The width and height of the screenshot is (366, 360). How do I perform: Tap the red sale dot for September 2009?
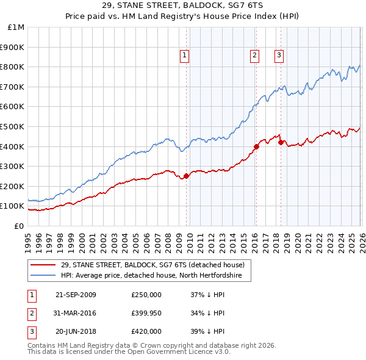coord(186,176)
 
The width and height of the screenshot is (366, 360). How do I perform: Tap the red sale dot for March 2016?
coord(256,146)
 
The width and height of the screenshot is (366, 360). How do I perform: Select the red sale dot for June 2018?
coord(281,142)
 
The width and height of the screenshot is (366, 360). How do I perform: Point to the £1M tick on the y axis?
coord(17,27)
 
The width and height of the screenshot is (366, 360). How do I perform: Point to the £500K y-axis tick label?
coord(13,127)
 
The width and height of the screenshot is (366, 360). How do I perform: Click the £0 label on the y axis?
coord(20,226)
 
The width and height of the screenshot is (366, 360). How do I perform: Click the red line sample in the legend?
coord(43,265)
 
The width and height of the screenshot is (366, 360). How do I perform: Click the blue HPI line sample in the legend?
coord(43,276)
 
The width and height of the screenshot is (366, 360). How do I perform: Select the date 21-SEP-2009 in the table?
coord(76,295)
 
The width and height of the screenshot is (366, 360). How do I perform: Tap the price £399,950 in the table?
coord(146,313)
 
